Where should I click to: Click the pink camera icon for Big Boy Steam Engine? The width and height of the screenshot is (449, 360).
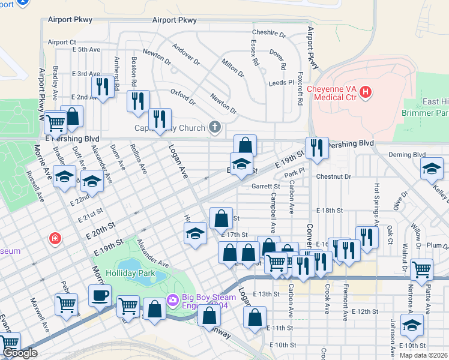(x=173, y=299)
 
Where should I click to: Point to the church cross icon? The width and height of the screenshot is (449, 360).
(x=214, y=127)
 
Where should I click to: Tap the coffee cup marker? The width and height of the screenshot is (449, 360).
(x=100, y=295)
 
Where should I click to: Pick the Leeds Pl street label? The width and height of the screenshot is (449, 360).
(x=282, y=82)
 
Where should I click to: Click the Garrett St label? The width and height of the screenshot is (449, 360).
(x=266, y=187)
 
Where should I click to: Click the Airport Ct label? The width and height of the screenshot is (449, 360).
(x=62, y=42)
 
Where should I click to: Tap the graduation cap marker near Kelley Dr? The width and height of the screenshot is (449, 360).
(x=432, y=169)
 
